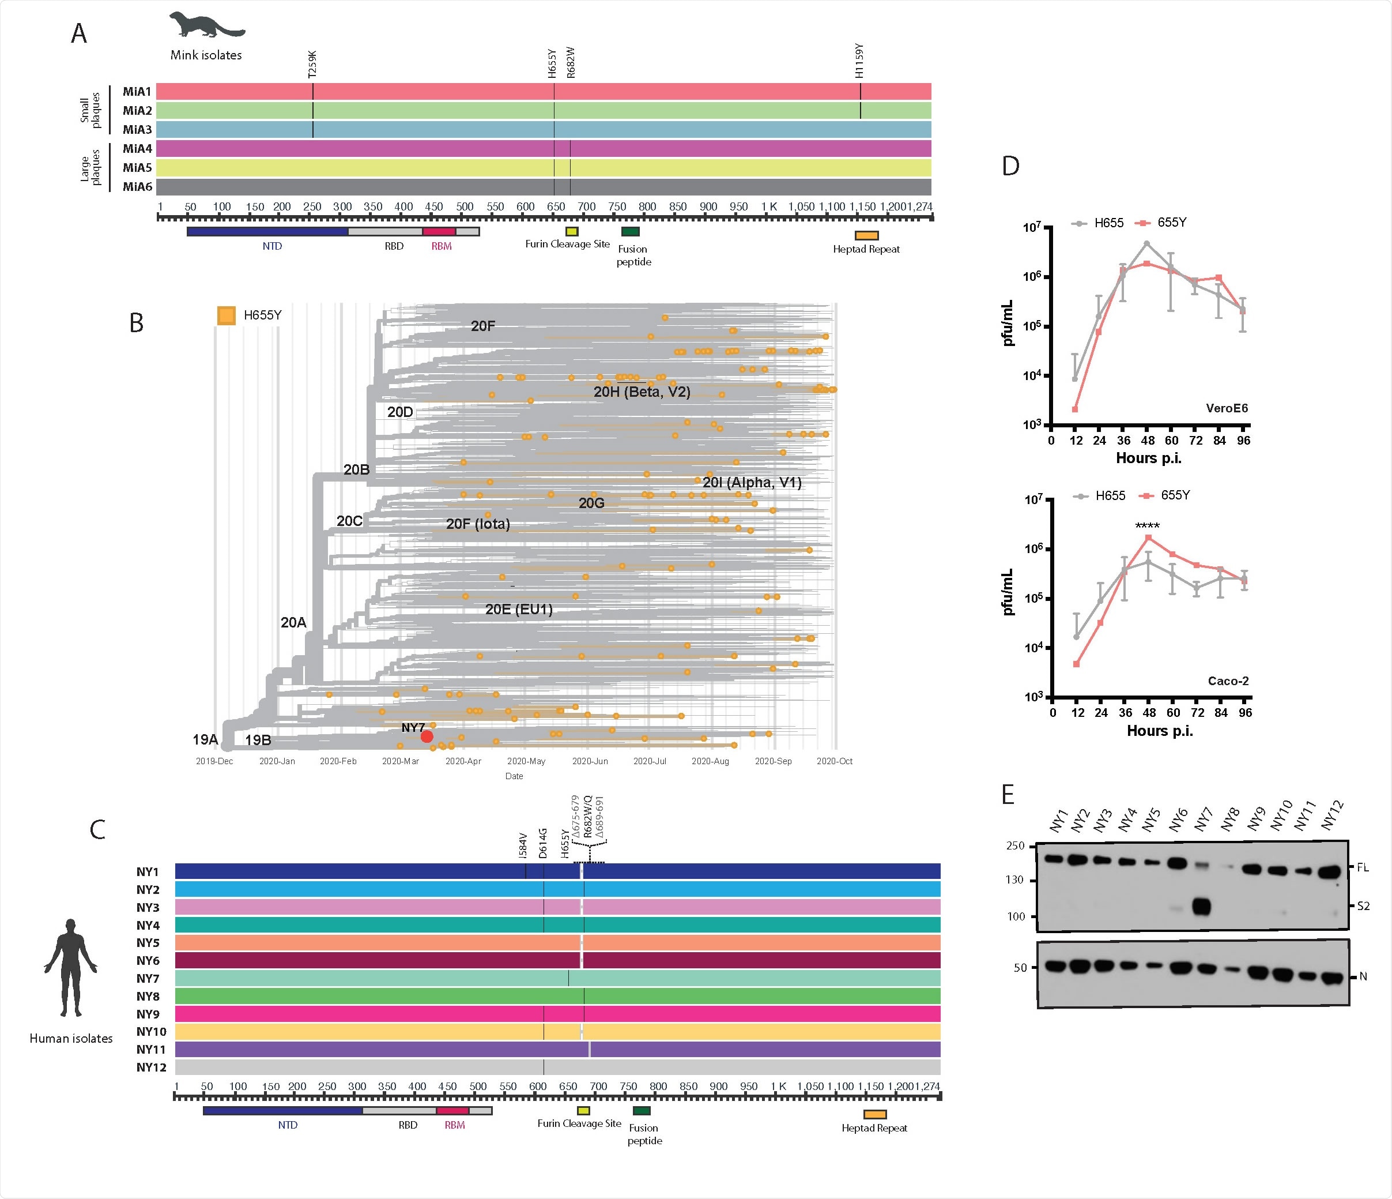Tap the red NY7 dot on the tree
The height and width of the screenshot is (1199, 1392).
427,736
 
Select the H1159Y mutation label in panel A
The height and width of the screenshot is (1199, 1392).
859,61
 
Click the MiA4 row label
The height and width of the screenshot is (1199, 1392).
137,149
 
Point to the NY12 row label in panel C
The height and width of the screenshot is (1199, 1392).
151,1068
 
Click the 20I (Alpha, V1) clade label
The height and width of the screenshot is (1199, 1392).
752,483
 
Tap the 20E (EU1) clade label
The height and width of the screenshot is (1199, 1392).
519,610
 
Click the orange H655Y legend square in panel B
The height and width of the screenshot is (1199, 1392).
227,315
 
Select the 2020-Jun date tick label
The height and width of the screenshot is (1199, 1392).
589,761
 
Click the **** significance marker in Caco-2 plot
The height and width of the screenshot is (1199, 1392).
1147,525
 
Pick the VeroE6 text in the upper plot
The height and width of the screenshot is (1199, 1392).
1226,408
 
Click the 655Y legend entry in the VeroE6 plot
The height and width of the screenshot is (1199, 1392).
1164,223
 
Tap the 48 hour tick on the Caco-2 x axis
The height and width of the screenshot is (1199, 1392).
1149,712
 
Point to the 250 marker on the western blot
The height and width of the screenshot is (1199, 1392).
1015,845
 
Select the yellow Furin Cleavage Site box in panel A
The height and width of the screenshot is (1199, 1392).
572,231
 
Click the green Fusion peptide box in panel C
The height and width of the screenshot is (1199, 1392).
642,1110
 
